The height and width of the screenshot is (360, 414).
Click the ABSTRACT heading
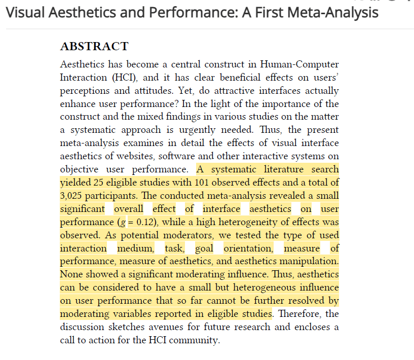coord(94,47)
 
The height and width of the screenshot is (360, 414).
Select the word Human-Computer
coord(299,64)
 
